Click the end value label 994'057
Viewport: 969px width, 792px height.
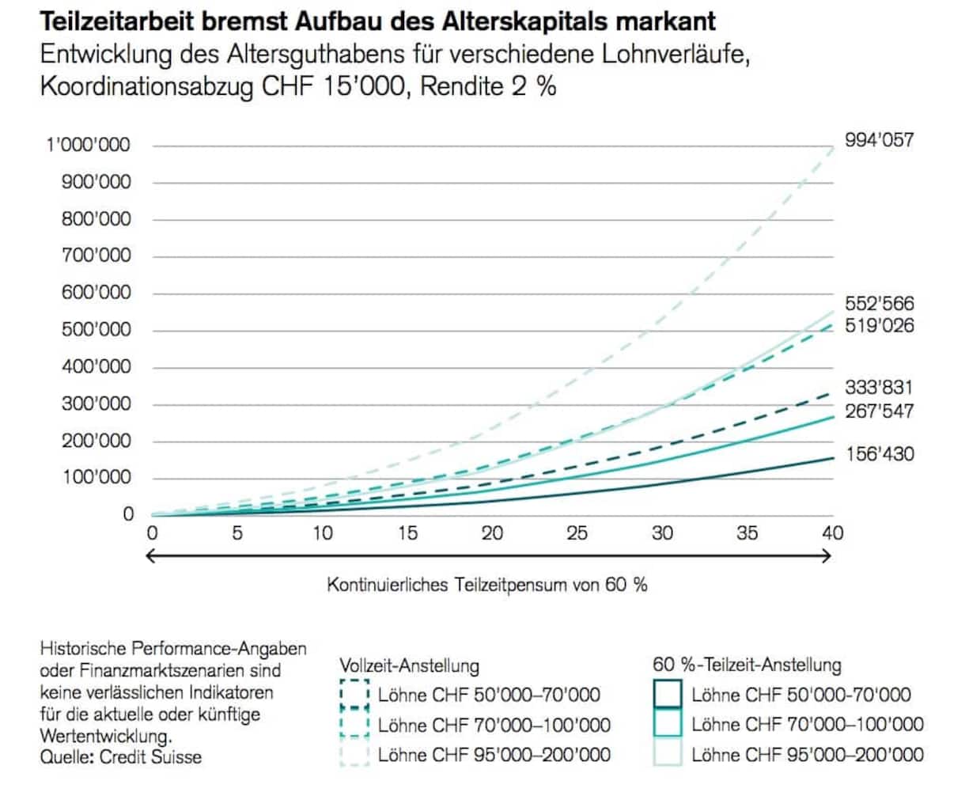[x=879, y=141]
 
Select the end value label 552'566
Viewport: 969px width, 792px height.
[x=879, y=304]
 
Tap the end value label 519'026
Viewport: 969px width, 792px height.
[x=879, y=325]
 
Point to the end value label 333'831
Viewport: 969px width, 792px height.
[x=879, y=387]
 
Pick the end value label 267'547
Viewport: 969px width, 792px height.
[x=879, y=411]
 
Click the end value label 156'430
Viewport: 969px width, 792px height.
[x=879, y=454]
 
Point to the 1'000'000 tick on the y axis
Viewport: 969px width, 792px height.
[x=89, y=146]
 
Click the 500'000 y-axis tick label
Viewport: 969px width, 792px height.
[x=96, y=330]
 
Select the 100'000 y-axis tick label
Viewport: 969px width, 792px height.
[x=96, y=478]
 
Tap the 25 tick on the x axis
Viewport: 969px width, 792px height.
[x=577, y=533]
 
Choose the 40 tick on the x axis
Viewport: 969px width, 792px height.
[x=832, y=533]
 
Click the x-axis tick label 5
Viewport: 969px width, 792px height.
[x=237, y=533]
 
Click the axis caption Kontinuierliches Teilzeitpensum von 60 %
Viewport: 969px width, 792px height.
[x=487, y=585]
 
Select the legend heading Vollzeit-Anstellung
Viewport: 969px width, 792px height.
[x=410, y=666]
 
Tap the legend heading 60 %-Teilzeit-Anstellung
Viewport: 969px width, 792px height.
[x=747, y=665]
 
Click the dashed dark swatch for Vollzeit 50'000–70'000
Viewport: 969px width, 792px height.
[x=354, y=695]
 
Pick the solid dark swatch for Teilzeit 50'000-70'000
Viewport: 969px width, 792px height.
[x=667, y=695]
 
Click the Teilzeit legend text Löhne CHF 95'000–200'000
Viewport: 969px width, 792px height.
[x=807, y=754]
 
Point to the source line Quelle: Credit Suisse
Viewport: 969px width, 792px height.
[x=121, y=757]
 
